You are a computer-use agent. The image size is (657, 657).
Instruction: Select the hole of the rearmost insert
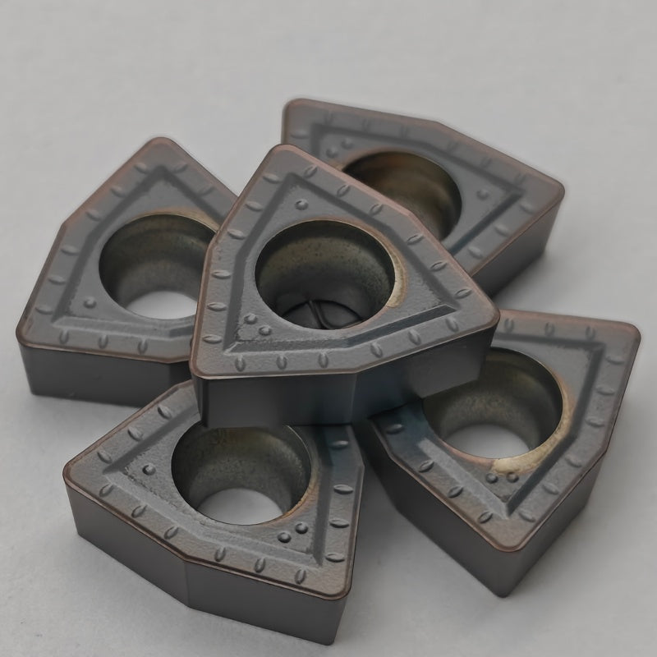402,185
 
